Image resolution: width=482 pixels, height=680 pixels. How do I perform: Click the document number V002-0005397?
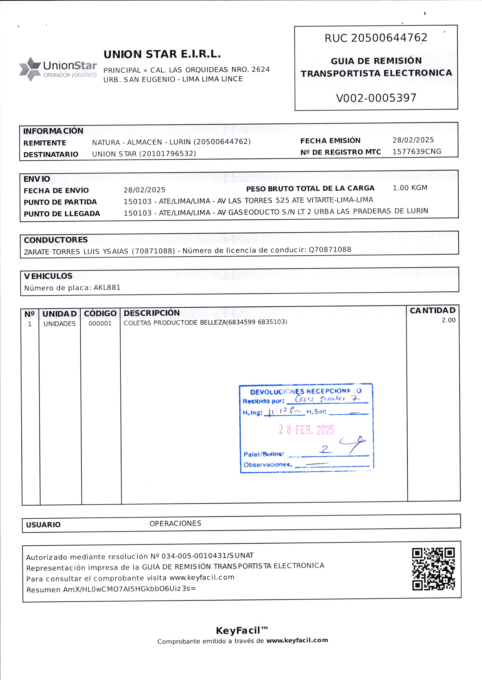pyautogui.click(x=376, y=98)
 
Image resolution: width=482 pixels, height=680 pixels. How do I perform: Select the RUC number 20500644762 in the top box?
pyautogui.click(x=389, y=38)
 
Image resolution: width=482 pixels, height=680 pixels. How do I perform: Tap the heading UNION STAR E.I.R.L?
pyautogui.click(x=162, y=54)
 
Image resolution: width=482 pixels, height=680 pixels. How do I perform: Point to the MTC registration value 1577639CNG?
pyautogui.click(x=417, y=152)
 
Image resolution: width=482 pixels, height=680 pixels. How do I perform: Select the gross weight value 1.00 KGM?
pyautogui.click(x=410, y=188)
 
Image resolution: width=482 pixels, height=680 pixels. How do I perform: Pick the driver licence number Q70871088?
pyautogui.click(x=330, y=249)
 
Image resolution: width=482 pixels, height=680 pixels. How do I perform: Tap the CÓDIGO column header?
pyautogui.click(x=100, y=313)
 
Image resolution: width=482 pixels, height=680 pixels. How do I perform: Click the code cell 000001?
pyautogui.click(x=100, y=324)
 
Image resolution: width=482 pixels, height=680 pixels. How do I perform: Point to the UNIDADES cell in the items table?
pyautogui.click(x=59, y=324)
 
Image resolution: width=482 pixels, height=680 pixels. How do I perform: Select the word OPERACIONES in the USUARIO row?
pyautogui.click(x=175, y=523)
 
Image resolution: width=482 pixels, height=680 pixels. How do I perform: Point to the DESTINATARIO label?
pyautogui.click(x=51, y=154)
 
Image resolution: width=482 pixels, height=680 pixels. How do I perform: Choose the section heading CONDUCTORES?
pyautogui.click(x=56, y=240)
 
